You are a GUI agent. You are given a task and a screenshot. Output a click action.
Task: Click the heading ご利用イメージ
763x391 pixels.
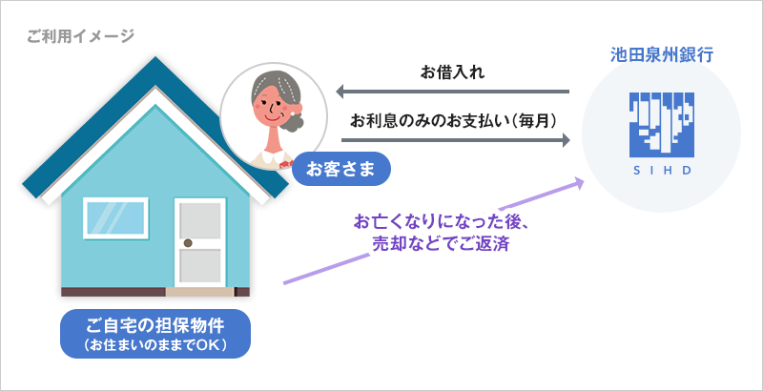click(x=80, y=36)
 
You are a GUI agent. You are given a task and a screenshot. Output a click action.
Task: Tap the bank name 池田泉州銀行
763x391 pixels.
click(x=662, y=55)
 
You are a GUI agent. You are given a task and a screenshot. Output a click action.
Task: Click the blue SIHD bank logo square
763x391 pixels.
click(x=661, y=125)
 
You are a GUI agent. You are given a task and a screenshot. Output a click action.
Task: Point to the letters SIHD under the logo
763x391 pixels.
click(x=662, y=172)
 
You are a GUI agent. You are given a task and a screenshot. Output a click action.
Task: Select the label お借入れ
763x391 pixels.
click(x=452, y=72)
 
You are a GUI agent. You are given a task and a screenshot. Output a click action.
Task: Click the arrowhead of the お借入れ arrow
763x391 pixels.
click(x=340, y=91)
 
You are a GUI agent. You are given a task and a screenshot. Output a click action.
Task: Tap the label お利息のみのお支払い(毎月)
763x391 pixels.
click(x=453, y=120)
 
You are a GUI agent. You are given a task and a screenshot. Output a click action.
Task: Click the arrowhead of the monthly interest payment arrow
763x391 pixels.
click(x=566, y=140)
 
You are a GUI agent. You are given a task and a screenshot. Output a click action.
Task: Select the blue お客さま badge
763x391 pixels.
click(x=340, y=169)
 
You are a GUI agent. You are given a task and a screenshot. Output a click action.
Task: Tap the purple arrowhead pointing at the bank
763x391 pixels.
click(x=578, y=182)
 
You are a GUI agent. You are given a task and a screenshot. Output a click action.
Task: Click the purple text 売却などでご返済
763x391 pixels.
click(x=441, y=243)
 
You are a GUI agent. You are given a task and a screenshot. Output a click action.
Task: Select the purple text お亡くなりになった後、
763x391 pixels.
click(x=441, y=222)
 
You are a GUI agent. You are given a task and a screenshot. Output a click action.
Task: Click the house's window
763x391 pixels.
click(x=115, y=217)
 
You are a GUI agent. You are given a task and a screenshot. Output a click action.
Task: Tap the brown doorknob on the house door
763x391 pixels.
click(x=188, y=242)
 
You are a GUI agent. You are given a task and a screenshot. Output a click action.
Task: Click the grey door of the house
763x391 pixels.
click(x=200, y=242)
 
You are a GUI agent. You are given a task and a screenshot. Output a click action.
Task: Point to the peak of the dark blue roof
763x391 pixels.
click(x=155, y=57)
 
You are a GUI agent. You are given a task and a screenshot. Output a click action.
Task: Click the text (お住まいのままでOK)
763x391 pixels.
click(x=155, y=345)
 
